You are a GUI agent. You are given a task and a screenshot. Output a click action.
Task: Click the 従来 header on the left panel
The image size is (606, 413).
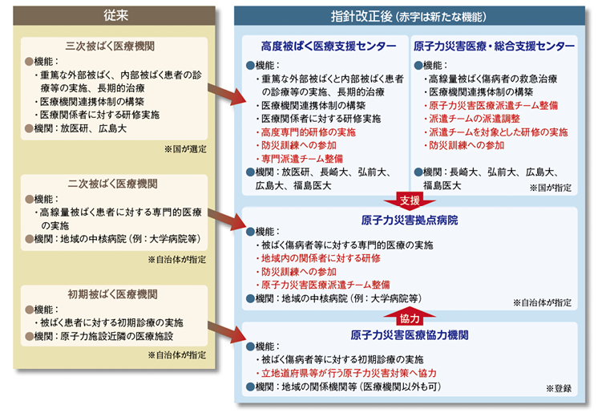(115, 15)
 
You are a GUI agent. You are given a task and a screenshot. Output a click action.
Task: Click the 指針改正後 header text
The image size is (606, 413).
(362, 17)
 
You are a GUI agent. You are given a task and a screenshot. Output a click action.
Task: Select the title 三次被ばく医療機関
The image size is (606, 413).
(110, 46)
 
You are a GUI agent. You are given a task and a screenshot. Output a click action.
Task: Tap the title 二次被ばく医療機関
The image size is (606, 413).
(112, 184)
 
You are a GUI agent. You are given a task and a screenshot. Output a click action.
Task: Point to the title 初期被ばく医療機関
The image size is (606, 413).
(112, 294)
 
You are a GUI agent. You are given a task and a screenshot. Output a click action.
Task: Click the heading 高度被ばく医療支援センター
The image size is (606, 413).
(329, 47)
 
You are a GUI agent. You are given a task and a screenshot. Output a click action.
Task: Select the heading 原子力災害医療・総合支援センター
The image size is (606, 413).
(494, 47)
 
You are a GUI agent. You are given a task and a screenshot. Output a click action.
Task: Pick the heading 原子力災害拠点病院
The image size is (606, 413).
(410, 221)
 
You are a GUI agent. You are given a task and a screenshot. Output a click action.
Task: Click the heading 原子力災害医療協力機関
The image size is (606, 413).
(410, 335)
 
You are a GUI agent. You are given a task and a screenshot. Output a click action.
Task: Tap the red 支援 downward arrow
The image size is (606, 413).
(410, 200)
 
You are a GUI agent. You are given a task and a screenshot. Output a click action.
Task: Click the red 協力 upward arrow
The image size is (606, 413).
(410, 317)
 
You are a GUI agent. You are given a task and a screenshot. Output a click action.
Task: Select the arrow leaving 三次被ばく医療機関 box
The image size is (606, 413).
(227, 94)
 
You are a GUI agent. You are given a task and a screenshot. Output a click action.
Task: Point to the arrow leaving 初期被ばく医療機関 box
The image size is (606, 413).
(227, 332)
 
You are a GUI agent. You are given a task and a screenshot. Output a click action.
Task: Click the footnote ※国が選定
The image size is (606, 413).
(185, 149)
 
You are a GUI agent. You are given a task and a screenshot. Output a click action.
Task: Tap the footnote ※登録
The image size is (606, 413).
(559, 388)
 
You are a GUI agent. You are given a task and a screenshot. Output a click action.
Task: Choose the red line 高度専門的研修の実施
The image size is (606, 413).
(305, 132)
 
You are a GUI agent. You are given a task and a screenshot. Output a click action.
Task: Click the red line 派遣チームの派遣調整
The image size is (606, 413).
(472, 119)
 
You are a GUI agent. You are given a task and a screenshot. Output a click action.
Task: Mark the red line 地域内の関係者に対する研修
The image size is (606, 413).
(318, 258)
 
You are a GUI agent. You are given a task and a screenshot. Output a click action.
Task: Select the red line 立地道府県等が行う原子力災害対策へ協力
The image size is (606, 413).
(346, 373)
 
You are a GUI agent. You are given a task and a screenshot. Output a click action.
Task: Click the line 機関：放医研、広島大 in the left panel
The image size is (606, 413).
(75, 128)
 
